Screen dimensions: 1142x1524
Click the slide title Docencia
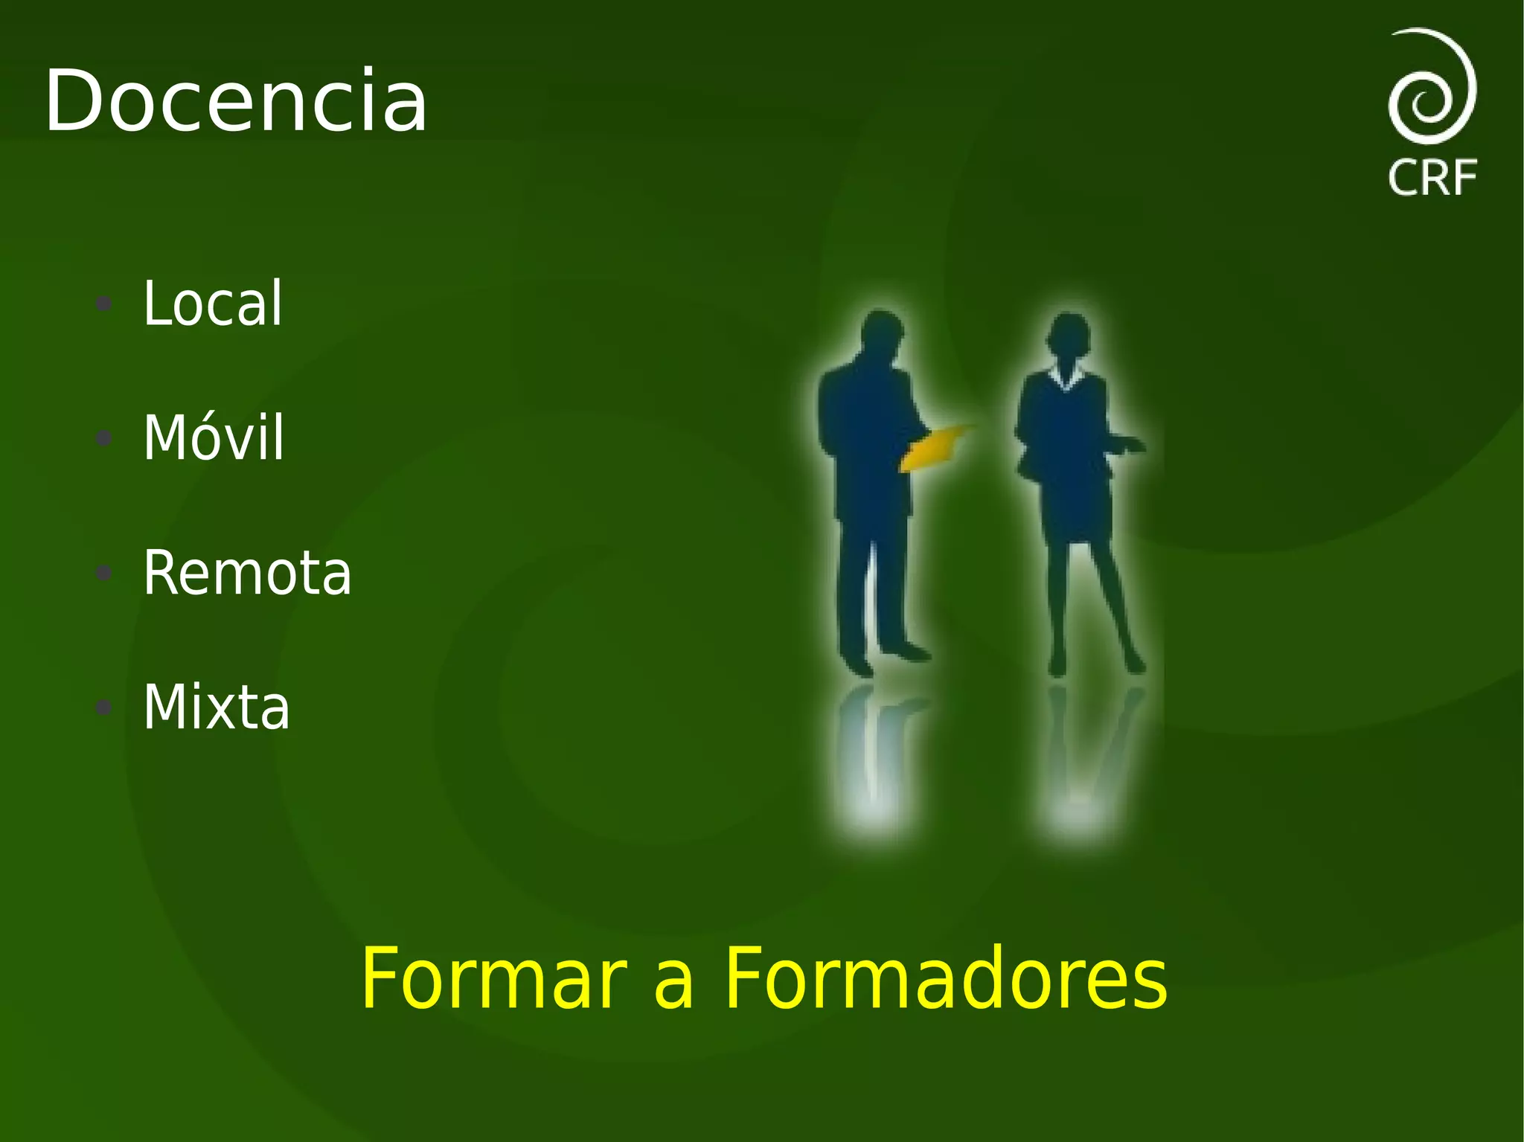point(236,101)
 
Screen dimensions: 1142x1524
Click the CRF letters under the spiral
point(1432,179)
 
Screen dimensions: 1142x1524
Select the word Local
point(213,304)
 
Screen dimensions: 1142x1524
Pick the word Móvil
point(214,438)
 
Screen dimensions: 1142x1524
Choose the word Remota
point(247,573)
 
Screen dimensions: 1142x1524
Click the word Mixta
point(217,707)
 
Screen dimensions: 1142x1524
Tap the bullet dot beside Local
point(104,304)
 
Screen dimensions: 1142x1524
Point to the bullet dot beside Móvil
point(104,438)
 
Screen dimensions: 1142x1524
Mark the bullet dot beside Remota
point(104,573)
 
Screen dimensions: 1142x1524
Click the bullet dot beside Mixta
point(104,707)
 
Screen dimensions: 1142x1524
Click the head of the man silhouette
point(883,331)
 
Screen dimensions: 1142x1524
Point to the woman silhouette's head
point(1069,334)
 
